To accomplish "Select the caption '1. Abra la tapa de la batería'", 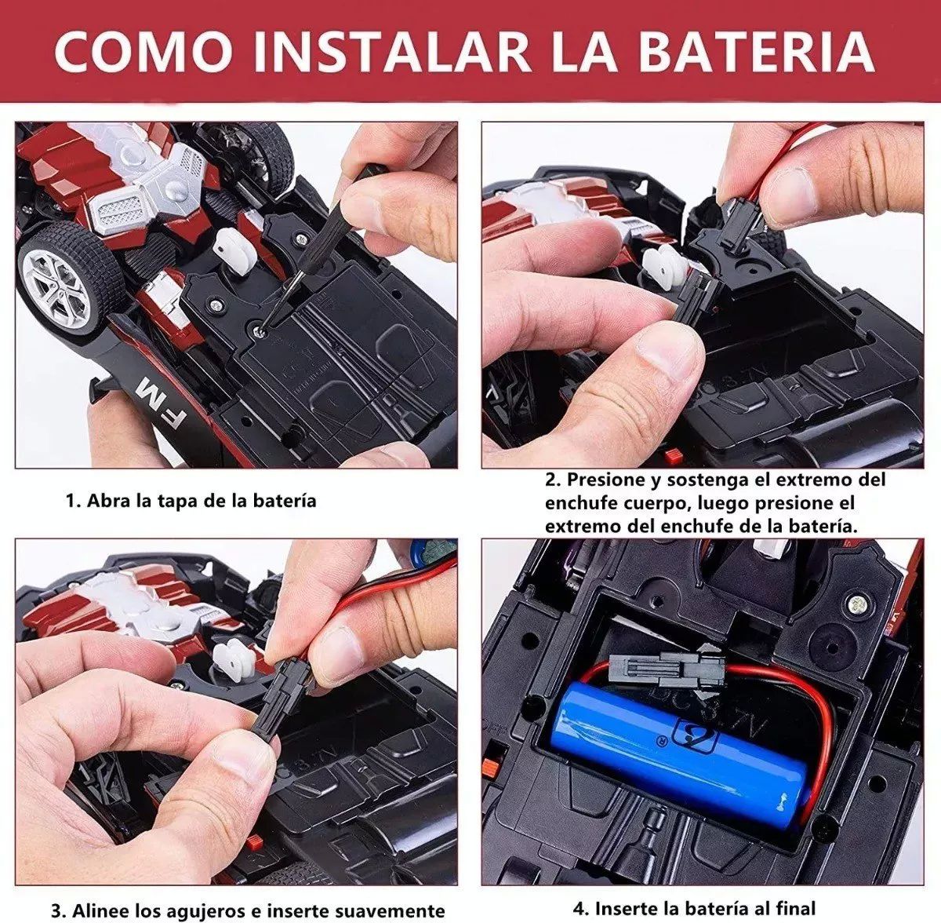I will point(191,500).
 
